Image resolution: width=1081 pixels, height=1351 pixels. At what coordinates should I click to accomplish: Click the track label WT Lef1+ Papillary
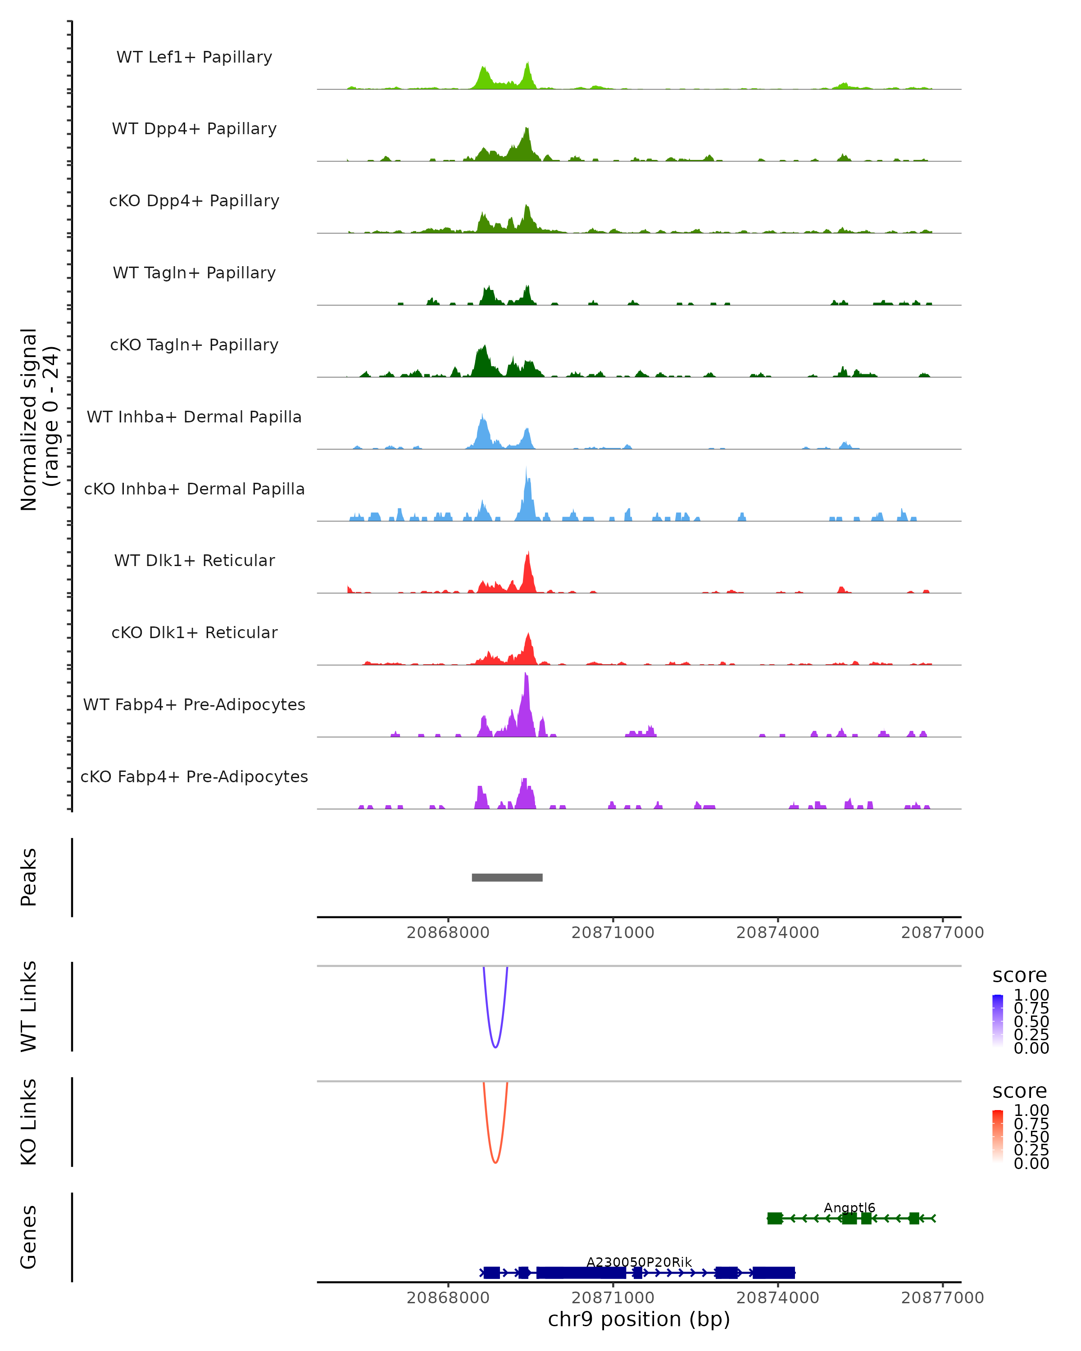[x=194, y=57]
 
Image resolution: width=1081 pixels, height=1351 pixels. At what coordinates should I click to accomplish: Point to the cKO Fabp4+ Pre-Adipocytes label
[x=194, y=776]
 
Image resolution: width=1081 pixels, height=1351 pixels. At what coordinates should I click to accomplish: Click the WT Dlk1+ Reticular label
[x=194, y=560]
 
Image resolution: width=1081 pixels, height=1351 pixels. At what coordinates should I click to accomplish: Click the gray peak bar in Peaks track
[x=507, y=877]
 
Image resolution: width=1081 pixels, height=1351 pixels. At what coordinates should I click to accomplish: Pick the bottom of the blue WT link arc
[x=495, y=1047]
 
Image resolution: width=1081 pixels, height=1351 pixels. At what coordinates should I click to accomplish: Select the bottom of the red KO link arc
[x=495, y=1162]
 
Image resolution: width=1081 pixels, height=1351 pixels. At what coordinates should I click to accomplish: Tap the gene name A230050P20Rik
[x=639, y=1262]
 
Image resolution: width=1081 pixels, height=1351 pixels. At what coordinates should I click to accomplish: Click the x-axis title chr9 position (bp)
[x=639, y=1319]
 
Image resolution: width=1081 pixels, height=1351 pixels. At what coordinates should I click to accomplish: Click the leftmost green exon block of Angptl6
[x=775, y=1218]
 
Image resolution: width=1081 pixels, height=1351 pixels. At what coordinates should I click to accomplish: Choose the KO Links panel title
[x=29, y=1122]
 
